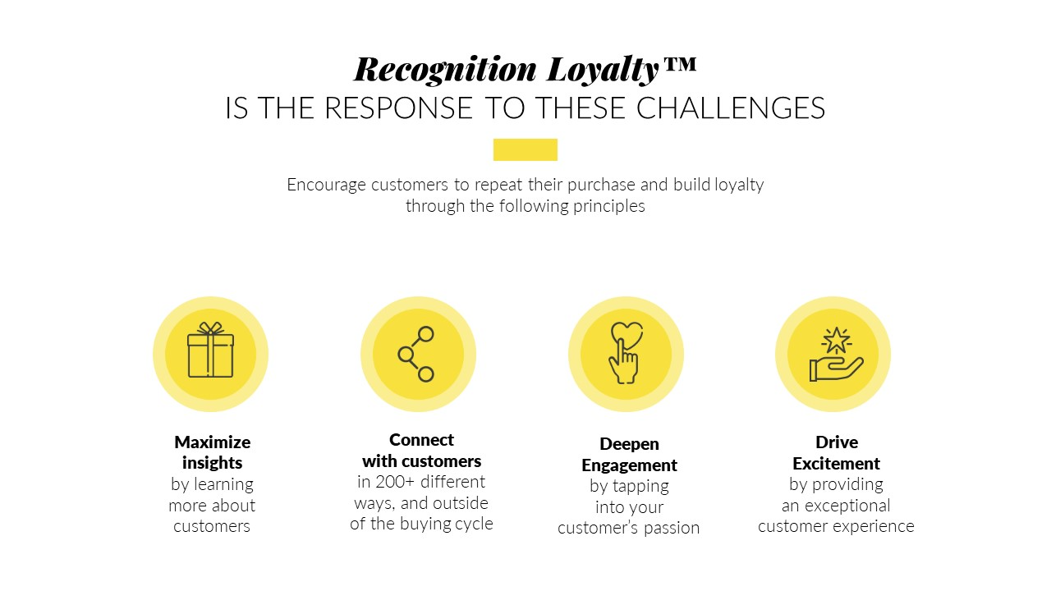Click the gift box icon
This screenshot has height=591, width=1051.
(211, 350)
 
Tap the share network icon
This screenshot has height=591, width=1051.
(416, 354)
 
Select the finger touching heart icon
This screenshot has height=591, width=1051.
(626, 353)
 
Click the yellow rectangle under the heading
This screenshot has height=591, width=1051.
(525, 149)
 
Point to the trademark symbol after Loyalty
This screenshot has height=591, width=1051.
(680, 64)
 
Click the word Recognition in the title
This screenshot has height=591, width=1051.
(445, 70)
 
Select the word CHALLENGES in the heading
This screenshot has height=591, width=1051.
(731, 108)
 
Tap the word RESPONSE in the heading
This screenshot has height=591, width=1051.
(398, 108)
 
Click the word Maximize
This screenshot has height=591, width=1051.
(212, 442)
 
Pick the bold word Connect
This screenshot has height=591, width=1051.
(421, 440)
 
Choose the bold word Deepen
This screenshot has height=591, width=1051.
(629, 444)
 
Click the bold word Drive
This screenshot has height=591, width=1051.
(837, 442)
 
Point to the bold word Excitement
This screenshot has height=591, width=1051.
(836, 464)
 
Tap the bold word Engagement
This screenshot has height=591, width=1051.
(629, 465)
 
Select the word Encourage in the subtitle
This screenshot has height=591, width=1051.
(326, 185)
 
